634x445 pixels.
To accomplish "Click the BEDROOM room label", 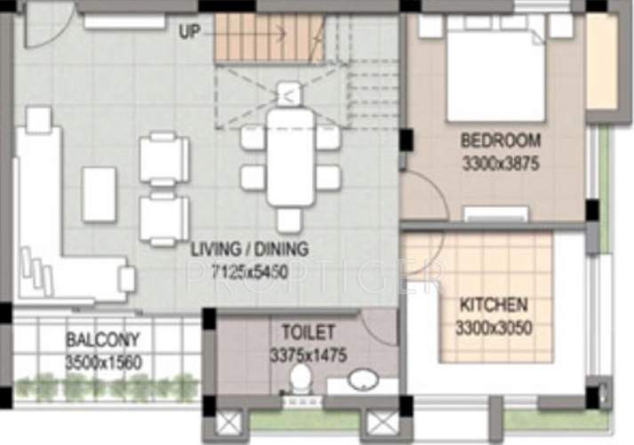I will pos(500,141).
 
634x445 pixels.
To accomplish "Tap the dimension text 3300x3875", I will pos(500,163).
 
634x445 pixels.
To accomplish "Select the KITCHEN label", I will pos(494,305).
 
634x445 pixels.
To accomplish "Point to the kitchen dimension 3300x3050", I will pos(494,328).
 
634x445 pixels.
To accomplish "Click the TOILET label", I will pos(308,332).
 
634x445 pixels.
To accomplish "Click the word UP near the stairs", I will pos(189,33).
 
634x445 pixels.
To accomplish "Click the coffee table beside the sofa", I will pos(99,193).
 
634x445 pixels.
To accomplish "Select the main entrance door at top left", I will pos(42,27).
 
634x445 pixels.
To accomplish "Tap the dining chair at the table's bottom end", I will pos(290,220).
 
